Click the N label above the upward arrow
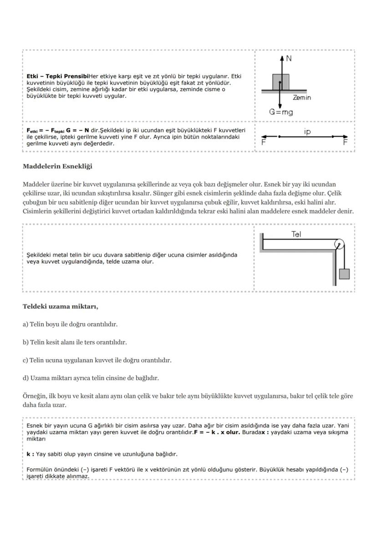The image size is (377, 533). [289, 59]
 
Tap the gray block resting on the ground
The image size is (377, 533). [277, 82]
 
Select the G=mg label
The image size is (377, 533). [280, 112]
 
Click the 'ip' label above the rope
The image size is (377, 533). [307, 131]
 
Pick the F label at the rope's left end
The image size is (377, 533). [263, 142]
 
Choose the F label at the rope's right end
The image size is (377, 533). [345, 142]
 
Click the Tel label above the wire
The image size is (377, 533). [296, 234]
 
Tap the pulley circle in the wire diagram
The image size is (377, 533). [339, 245]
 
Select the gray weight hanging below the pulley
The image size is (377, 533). [344, 274]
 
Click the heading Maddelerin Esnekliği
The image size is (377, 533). [57, 166]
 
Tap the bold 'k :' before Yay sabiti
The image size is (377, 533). [30, 454]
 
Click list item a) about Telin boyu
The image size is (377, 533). [70, 324]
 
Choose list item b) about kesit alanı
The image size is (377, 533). [75, 342]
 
